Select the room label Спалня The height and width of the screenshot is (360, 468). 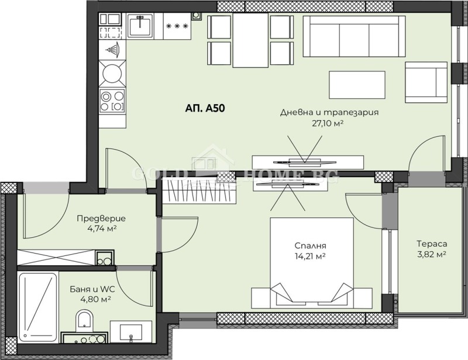310,246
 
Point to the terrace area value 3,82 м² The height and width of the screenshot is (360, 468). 432,254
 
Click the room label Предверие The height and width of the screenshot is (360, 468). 101,219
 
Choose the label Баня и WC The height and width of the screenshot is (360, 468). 92,289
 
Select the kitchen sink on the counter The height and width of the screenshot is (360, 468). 140,26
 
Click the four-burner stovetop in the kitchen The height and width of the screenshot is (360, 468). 112,101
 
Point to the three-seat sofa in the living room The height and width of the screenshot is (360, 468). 355,36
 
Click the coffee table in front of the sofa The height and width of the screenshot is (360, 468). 357,85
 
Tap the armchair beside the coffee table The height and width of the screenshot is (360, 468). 426,82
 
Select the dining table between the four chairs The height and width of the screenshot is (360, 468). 250,40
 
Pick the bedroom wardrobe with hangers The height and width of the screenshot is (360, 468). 199,191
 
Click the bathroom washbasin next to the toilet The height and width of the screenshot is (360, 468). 131,331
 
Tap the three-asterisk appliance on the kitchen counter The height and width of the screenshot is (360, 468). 177,26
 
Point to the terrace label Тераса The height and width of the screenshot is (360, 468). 432,244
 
